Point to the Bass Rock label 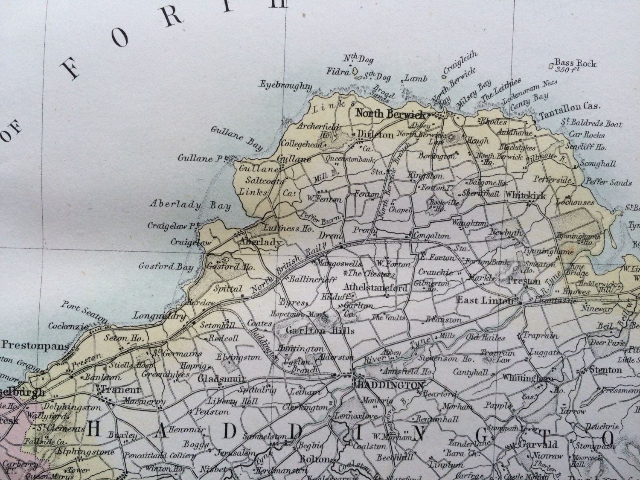(575, 64)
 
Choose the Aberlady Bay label (190, 205)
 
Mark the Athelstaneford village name (375, 288)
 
